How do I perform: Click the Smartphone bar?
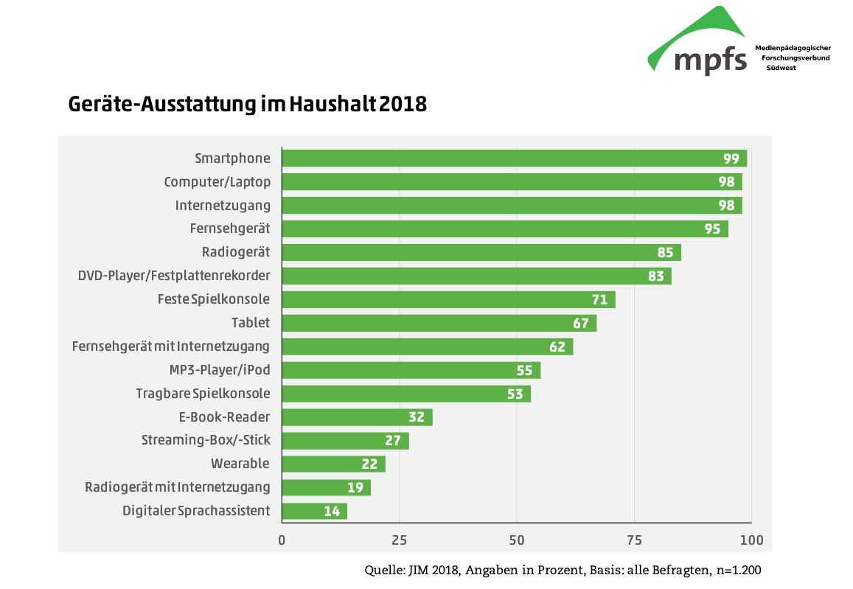[515, 158]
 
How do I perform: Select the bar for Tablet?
[439, 323]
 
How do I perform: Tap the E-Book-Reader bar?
[358, 417]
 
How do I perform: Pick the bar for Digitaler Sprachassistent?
[315, 511]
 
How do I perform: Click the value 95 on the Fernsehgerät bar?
[712, 229]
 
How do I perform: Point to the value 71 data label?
[599, 299]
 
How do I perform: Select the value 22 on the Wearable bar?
[369, 464]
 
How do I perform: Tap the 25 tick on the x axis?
[400, 540]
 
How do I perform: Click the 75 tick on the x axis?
[634, 540]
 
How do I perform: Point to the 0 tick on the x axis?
[282, 540]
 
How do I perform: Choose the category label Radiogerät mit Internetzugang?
[178, 487]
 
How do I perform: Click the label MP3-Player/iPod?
[220, 370]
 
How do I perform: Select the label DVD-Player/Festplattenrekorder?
[174, 276]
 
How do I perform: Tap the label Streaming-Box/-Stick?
[206, 440]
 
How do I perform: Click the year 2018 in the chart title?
[404, 105]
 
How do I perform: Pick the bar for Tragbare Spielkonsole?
[406, 394]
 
